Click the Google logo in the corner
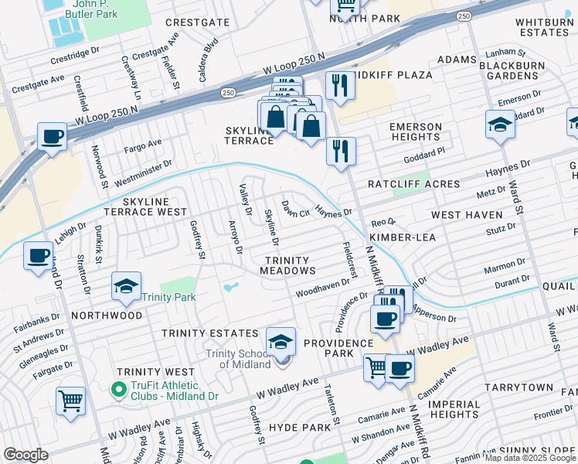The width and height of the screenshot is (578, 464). pos(26,455)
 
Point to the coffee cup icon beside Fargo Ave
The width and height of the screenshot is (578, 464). pos(52,136)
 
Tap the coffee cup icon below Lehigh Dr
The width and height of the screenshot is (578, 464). pos(38,255)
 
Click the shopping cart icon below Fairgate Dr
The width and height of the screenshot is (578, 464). pos(70,401)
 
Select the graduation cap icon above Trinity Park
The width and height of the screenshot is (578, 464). pos(126,287)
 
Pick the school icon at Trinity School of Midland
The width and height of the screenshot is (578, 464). pos(281,341)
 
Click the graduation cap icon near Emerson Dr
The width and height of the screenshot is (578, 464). pos(500,125)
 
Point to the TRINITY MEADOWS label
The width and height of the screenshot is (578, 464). pos(287,266)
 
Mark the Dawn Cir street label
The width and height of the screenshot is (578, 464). pos(295,208)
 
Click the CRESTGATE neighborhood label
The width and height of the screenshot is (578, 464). pos(199,22)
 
